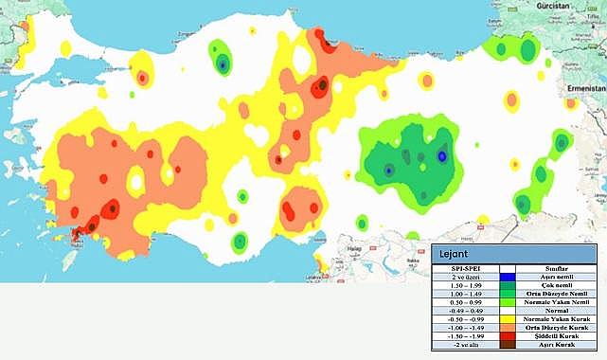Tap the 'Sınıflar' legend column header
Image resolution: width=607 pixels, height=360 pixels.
(x=562, y=268)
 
